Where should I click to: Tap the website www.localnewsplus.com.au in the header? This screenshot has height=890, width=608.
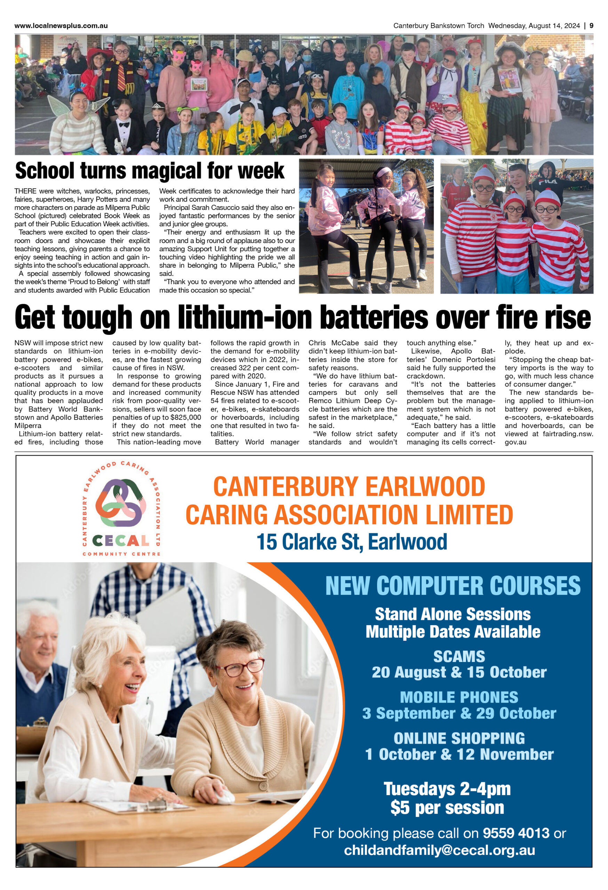click(61, 26)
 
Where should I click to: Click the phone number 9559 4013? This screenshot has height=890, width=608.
click(516, 833)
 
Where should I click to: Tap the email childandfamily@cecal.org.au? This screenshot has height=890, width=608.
click(439, 850)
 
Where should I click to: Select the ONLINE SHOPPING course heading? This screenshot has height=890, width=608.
click(459, 738)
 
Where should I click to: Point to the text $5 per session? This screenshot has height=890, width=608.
click(447, 807)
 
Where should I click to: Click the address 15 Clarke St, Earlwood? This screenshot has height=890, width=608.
click(351, 542)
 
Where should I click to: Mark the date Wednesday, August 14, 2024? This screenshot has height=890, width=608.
click(534, 26)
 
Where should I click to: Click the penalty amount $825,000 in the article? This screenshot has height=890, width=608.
click(185, 418)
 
